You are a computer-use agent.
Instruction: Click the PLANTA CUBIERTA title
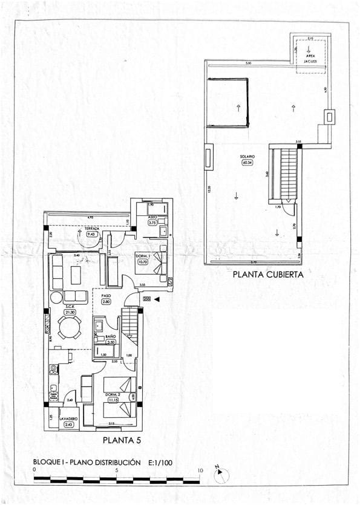coord(267,274)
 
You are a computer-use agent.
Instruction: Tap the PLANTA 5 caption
coord(122,440)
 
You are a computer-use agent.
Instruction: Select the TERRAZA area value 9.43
coord(93,234)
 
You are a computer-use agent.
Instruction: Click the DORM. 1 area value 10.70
coord(143,262)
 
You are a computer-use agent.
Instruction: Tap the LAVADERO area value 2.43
coord(68,425)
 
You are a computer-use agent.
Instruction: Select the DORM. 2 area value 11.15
coord(113,400)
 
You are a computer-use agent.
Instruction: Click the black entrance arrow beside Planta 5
coord(157,299)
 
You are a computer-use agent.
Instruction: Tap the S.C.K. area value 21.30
coord(70,312)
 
